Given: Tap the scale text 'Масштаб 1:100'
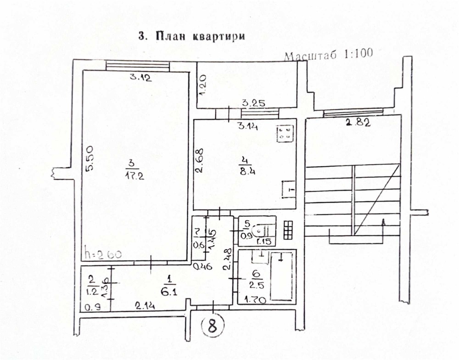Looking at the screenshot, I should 328,55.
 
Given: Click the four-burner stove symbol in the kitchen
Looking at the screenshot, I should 285,133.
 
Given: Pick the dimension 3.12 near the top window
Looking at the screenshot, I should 140,78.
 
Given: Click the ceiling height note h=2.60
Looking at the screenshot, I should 103,254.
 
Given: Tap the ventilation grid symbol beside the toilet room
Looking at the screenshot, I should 289,229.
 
